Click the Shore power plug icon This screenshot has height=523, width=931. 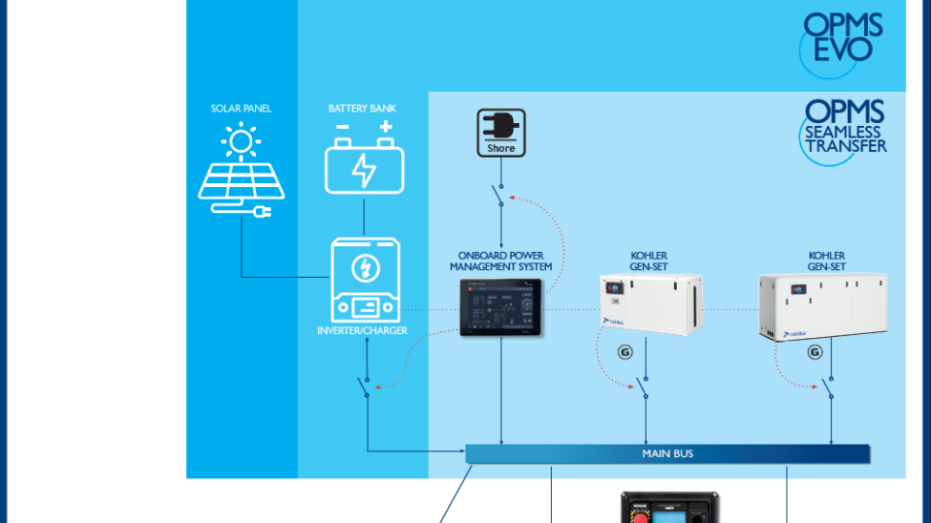500,133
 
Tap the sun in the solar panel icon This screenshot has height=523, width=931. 241,142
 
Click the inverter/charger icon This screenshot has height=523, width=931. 364,281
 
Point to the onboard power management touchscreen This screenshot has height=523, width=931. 500,307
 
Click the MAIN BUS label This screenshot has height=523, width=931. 667,453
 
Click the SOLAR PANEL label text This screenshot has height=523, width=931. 241,108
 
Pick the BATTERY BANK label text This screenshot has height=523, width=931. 363,108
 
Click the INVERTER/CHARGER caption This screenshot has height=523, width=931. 363,331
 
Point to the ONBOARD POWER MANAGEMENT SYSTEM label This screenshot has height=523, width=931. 500,261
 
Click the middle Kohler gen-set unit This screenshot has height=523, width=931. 650,304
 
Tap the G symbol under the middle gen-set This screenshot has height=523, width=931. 625,352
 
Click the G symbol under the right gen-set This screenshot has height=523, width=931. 814,352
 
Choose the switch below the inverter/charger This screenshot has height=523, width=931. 366,385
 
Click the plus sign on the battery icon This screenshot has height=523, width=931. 386,127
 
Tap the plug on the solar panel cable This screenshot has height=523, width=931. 261,210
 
